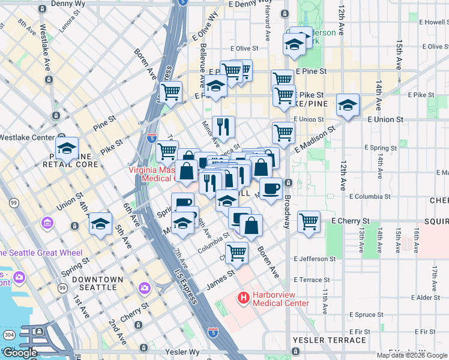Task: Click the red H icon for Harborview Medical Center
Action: pyautogui.click(x=244, y=297)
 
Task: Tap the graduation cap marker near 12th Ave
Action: pyautogui.click(x=348, y=106)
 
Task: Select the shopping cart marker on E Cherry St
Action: pyautogui.click(x=309, y=221)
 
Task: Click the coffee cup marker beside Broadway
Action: pyautogui.click(x=271, y=188)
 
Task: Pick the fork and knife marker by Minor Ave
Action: pyautogui.click(x=223, y=126)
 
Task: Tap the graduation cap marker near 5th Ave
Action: pyautogui.click(x=100, y=224)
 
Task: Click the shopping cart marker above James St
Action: pyautogui.click(x=237, y=253)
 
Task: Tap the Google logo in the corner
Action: pyautogui.click(x=19, y=353)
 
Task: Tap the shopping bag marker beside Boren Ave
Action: pyautogui.click(x=252, y=226)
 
